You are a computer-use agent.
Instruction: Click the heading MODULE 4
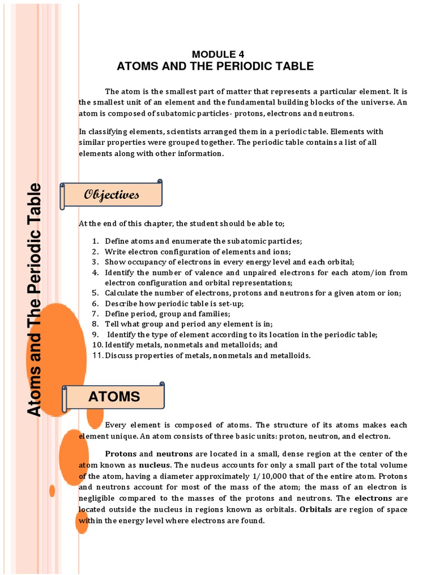(215, 54)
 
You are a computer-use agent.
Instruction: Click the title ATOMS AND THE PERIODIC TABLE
(215, 66)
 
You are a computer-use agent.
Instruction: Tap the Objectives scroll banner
(112, 195)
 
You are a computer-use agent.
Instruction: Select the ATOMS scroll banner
(114, 396)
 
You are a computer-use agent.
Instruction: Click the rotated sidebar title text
(35, 300)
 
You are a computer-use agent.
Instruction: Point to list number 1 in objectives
(95, 241)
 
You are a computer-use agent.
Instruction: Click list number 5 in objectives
(95, 293)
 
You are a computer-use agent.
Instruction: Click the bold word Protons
(121, 454)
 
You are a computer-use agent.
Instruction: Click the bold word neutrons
(174, 454)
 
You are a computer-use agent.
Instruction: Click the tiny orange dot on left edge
(52, 491)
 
